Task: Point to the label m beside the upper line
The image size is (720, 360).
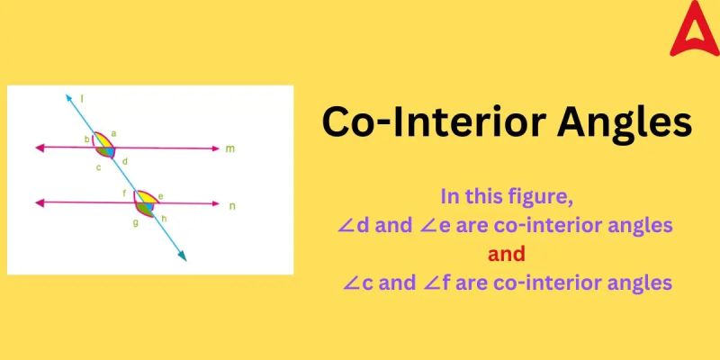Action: pyautogui.click(x=230, y=148)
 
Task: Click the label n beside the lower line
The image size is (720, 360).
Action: pyautogui.click(x=232, y=206)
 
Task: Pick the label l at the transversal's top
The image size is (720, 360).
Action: pyautogui.click(x=83, y=97)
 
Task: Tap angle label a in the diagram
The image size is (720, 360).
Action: pyautogui.click(x=114, y=132)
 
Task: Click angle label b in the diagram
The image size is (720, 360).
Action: pyautogui.click(x=86, y=139)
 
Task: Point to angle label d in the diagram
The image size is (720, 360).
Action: pyautogui.click(x=125, y=161)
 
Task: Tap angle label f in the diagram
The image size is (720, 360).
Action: pyautogui.click(x=125, y=193)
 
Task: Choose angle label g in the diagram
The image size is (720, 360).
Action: pyautogui.click(x=135, y=221)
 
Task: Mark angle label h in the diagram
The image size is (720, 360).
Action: pyautogui.click(x=165, y=217)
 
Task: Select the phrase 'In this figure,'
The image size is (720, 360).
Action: pyautogui.click(x=507, y=194)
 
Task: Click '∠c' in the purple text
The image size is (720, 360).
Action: pyautogui.click(x=358, y=283)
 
